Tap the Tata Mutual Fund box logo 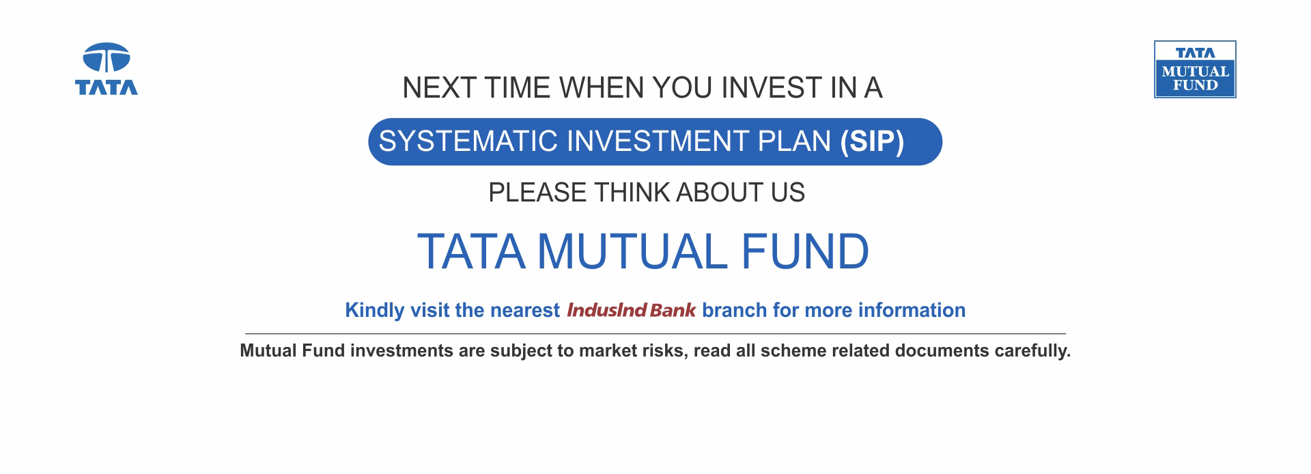point(1195,69)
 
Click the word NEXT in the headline point(438,88)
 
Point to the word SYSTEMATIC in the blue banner point(468,141)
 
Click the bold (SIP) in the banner point(872,141)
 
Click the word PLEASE point(537,193)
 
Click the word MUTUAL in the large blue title point(632,252)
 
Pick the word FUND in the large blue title point(805,252)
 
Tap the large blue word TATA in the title point(471,252)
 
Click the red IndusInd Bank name point(632,310)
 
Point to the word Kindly point(375,311)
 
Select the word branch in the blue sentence point(734,310)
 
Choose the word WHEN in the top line point(602,88)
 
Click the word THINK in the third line point(632,193)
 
